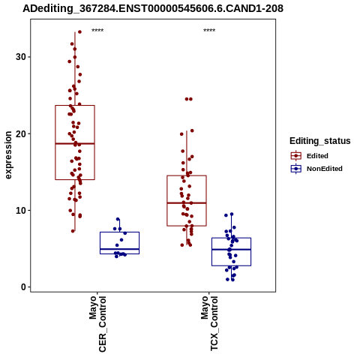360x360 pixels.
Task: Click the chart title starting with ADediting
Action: coord(153,9)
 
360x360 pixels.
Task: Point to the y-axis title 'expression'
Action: coord(8,155)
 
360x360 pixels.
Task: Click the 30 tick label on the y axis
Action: coord(21,57)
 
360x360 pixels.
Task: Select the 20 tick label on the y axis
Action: coord(21,133)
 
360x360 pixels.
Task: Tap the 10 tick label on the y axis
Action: coord(21,211)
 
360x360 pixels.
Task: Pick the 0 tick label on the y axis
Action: coord(23,287)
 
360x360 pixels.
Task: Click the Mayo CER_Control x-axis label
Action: coord(97,324)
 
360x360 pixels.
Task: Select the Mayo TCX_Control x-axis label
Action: coord(209,323)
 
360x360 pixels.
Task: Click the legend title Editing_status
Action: coord(320,141)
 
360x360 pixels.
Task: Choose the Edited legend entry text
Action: coord(317,156)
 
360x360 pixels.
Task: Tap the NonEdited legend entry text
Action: coord(325,169)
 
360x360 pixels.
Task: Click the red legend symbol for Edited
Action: coord(296,156)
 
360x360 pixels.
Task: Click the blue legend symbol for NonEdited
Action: coord(296,169)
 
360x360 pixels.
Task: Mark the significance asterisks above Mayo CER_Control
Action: coord(97,31)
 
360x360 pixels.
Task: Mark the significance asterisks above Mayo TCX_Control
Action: coord(209,31)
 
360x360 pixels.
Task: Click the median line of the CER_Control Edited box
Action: coord(75,143)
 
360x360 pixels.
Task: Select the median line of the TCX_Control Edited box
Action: coord(187,202)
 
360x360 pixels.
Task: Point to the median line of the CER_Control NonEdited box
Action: coord(119,249)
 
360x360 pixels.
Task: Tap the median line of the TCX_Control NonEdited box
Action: coord(231,250)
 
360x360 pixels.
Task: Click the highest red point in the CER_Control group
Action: coord(79,31)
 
